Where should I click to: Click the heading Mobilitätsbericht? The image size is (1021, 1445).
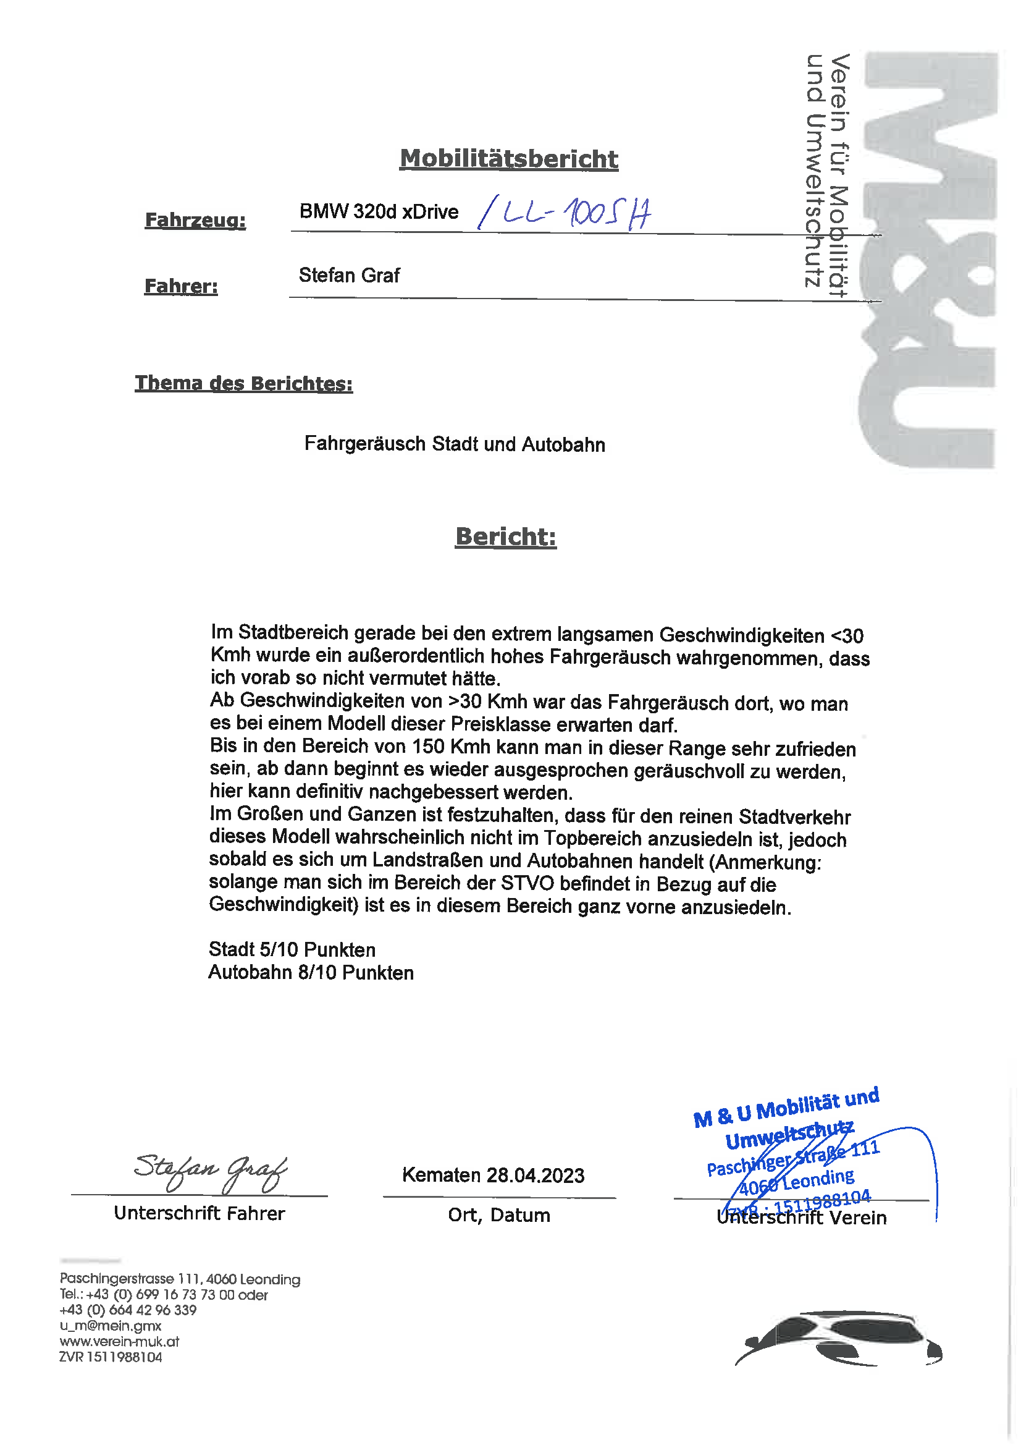(509, 159)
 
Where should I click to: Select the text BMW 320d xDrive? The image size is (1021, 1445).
(379, 212)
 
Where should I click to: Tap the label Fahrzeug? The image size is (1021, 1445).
(195, 220)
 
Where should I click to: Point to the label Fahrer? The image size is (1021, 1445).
(181, 286)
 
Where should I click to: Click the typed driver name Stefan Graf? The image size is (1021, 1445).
(349, 276)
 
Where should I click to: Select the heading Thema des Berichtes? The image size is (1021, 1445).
(243, 383)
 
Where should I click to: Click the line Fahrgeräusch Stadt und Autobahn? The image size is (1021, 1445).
(454, 444)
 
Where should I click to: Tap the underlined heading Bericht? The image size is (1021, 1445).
(506, 537)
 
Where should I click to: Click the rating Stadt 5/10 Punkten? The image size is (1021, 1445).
(292, 950)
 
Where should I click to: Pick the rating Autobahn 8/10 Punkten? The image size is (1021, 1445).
(311, 973)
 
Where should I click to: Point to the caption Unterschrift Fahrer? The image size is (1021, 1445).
(200, 1213)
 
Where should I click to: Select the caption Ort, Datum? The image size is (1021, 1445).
(499, 1215)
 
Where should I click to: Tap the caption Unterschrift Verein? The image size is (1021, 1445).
(802, 1218)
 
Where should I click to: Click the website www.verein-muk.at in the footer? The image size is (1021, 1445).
(120, 1341)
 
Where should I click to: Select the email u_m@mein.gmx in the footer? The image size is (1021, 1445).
(111, 1326)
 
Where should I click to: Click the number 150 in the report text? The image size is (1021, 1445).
(429, 747)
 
